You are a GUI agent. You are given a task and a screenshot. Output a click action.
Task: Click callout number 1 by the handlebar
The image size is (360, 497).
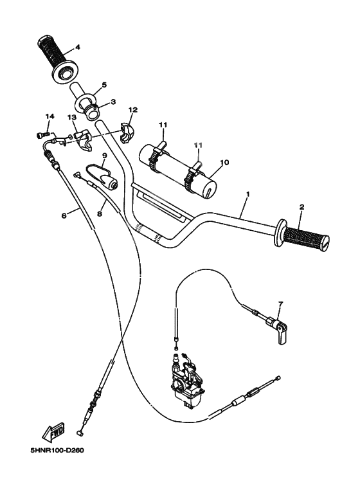(248, 194)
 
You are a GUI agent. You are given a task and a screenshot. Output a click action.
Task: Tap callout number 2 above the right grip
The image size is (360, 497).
(301, 207)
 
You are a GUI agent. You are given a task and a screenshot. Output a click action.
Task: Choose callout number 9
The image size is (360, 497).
(104, 156)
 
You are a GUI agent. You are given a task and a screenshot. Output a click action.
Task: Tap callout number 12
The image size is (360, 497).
(132, 111)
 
